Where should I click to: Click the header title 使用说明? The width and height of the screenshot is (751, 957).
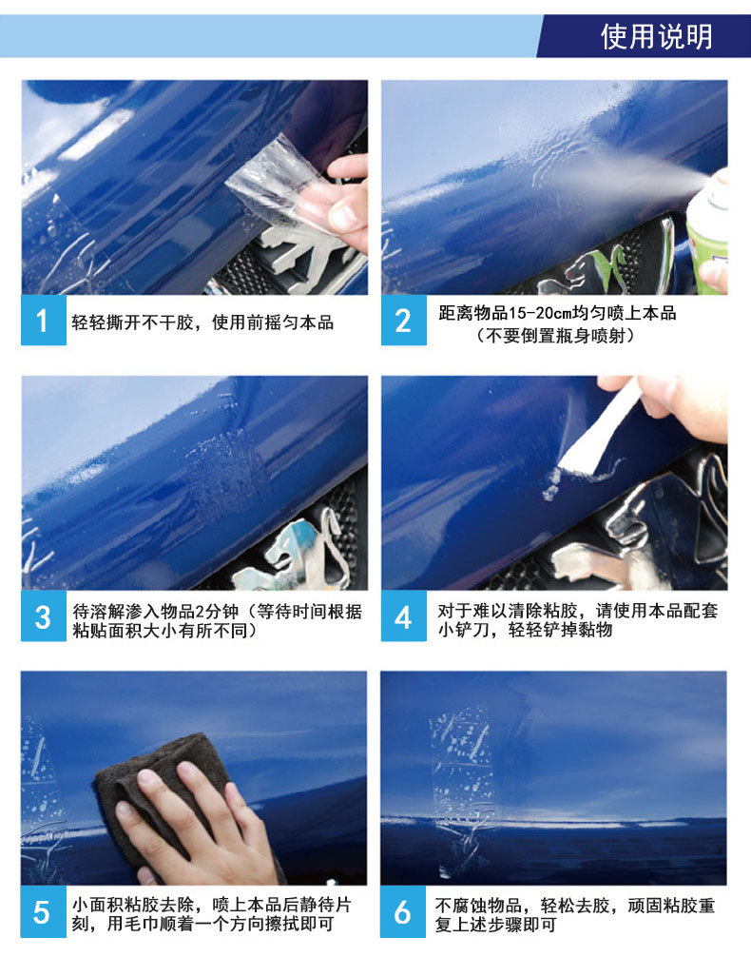tap(656, 36)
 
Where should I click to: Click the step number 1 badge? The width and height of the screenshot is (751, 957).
tap(43, 322)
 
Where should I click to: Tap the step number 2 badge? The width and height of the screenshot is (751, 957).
tap(403, 322)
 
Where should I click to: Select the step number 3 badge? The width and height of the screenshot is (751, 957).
tap(43, 618)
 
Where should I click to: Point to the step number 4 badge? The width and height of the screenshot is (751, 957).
tap(403, 618)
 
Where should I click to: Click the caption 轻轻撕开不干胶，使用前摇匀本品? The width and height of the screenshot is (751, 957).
tap(202, 322)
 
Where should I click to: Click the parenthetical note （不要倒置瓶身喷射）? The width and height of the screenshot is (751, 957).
tap(556, 335)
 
